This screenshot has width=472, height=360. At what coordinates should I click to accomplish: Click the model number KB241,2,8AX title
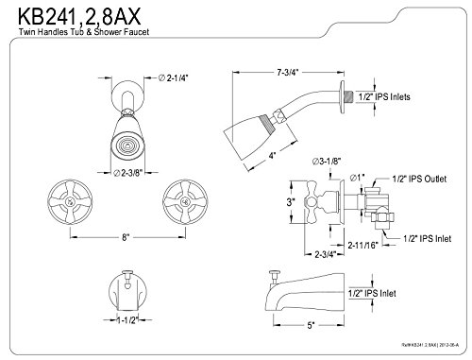[x=79, y=16]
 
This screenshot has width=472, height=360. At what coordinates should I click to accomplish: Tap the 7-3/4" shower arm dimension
[x=287, y=73]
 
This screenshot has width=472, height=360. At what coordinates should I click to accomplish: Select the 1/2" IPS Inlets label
[x=384, y=96]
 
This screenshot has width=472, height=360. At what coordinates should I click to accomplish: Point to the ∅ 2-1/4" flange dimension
[x=173, y=77]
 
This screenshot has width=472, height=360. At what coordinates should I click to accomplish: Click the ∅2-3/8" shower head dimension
[x=128, y=173]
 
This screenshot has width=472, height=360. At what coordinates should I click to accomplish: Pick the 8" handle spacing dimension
[x=126, y=237]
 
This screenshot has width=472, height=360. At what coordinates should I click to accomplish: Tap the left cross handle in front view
[x=70, y=201]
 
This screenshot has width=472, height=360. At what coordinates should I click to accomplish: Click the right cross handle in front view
[x=185, y=201]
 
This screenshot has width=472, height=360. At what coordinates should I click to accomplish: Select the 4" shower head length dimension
[x=273, y=155]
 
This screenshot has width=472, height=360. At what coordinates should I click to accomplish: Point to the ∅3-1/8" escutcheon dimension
[x=327, y=162]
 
